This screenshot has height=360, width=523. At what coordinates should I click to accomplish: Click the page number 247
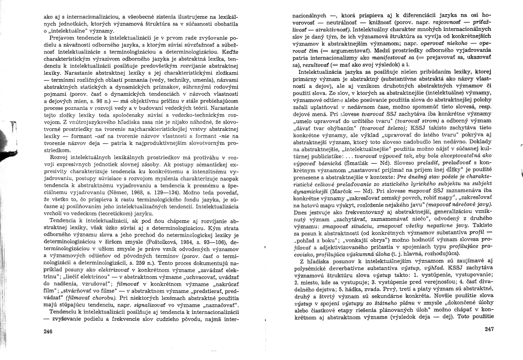[489, 329]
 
